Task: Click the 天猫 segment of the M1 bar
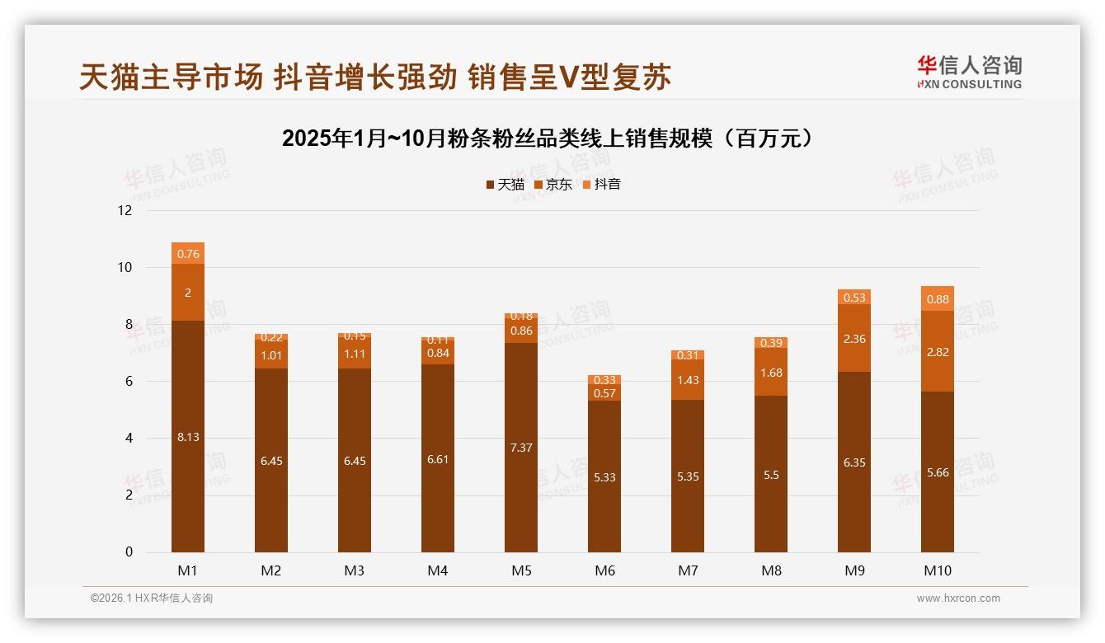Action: (188, 396)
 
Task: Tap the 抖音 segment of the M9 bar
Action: (854, 298)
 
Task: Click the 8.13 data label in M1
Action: (188, 437)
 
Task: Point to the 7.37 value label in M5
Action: (521, 448)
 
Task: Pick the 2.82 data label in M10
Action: (937, 352)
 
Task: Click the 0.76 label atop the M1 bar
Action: (188, 254)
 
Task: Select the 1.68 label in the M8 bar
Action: (771, 373)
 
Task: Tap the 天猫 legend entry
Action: (505, 185)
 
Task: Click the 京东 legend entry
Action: (553, 185)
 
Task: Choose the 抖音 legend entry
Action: (601, 185)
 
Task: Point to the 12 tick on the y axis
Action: (125, 211)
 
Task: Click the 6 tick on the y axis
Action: (128, 382)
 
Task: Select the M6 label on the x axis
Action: (604, 570)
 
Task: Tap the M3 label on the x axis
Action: (355, 570)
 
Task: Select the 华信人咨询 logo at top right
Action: (969, 72)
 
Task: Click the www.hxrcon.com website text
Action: (958, 598)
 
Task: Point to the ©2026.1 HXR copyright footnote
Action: (152, 598)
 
